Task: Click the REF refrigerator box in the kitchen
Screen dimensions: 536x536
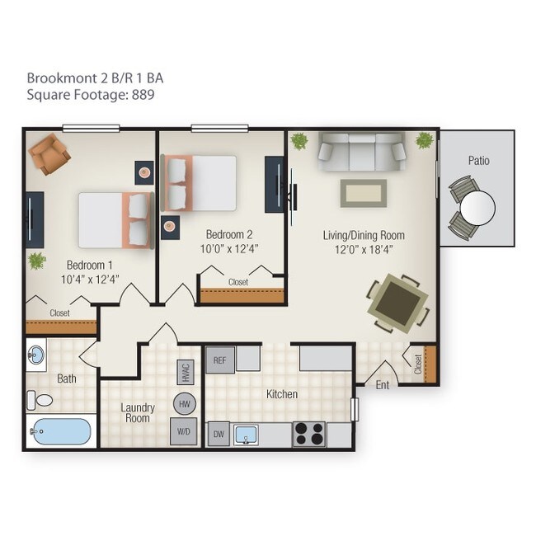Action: point(219,360)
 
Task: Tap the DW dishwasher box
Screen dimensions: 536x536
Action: point(219,434)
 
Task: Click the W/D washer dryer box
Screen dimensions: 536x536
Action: point(183,430)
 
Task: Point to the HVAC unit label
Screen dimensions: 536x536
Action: point(184,374)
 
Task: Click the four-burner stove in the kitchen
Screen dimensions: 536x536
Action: point(309,434)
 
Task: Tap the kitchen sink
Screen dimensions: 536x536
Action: point(247,434)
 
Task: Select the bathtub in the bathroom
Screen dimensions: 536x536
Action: point(60,431)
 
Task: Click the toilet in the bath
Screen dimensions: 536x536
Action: point(40,401)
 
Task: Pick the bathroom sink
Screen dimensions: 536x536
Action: point(37,357)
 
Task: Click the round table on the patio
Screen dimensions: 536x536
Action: point(477,208)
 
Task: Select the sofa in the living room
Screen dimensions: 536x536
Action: point(362,149)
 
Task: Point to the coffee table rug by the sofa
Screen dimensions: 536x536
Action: point(363,194)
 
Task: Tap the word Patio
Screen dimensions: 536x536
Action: point(478,160)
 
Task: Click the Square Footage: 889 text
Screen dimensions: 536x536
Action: point(92,95)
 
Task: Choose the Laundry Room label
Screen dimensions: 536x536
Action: point(137,412)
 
